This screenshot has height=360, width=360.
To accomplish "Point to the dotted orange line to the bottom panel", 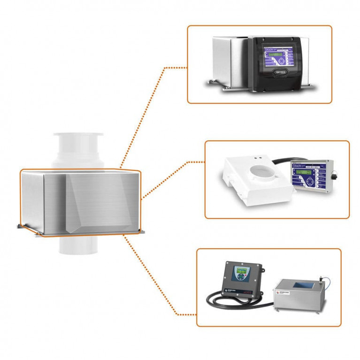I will (155, 282).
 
